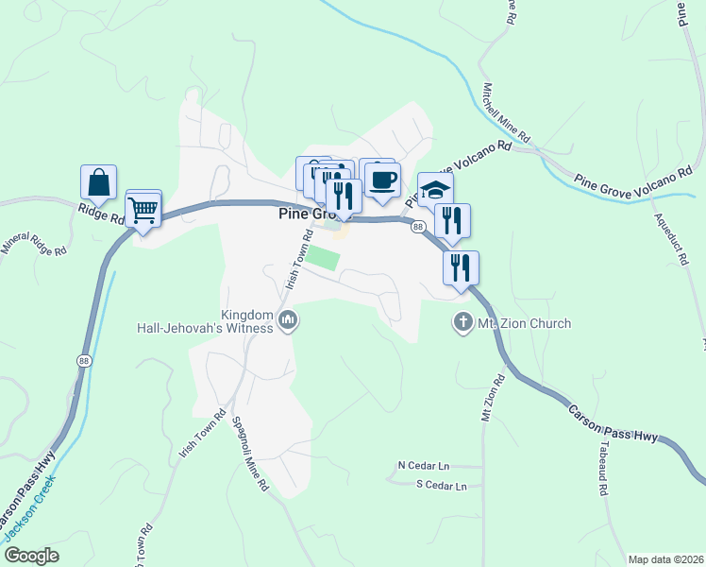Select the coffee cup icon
click(382, 179)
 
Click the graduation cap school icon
click(435, 189)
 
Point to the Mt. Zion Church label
click(524, 323)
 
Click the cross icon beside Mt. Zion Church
click(462, 323)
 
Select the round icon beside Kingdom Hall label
click(289, 322)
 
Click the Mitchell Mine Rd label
click(505, 113)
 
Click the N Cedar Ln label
click(424, 466)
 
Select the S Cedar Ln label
click(442, 486)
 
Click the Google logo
click(31, 556)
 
